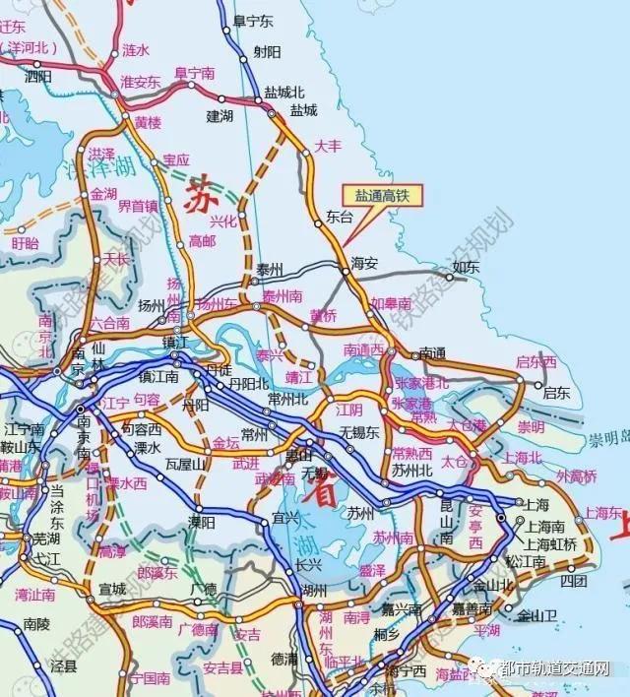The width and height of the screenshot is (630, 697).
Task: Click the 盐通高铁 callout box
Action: pyautogui.click(x=381, y=197)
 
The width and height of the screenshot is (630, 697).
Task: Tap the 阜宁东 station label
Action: pyautogui.click(x=252, y=20)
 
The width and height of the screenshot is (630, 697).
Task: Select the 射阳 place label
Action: pyautogui.click(x=267, y=50)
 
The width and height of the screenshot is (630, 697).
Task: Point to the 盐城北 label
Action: pyautogui.click(x=278, y=91)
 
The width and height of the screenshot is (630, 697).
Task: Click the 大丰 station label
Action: pyautogui.click(x=327, y=146)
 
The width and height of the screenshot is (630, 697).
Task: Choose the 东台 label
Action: pyautogui.click(x=339, y=216)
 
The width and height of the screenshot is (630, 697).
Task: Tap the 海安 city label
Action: pyautogui.click(x=364, y=263)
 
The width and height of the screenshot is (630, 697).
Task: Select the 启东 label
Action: pyautogui.click(x=556, y=392)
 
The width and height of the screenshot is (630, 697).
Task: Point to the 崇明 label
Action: pyautogui.click(x=531, y=426)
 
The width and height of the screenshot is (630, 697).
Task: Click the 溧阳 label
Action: pyautogui.click(x=202, y=522)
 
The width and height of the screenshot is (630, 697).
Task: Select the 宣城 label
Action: pyautogui.click(x=112, y=589)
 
